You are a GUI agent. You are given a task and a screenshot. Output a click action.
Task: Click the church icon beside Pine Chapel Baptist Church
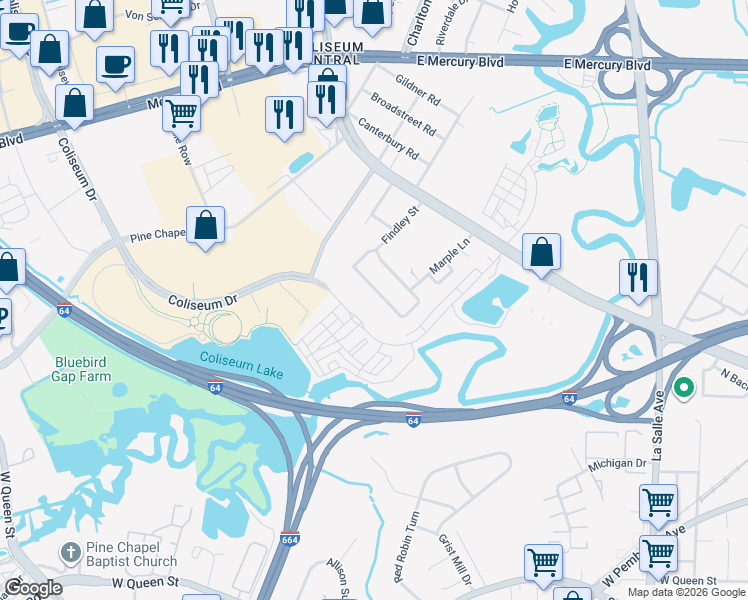(70, 552)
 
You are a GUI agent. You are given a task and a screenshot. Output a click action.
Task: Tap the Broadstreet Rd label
(403, 115)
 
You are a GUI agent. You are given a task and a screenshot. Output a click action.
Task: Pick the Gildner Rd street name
(417, 89)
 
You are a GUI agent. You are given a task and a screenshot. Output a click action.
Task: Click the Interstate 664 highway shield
(290, 539)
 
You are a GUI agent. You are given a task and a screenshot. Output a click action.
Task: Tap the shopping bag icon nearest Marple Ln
(541, 252)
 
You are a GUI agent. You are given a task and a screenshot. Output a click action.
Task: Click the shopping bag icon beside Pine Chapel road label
(205, 225)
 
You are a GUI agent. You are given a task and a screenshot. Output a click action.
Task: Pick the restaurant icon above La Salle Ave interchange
(638, 276)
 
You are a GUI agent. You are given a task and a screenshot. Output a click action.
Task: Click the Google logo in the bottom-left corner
(33, 588)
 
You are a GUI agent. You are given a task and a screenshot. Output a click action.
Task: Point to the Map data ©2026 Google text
(686, 592)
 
